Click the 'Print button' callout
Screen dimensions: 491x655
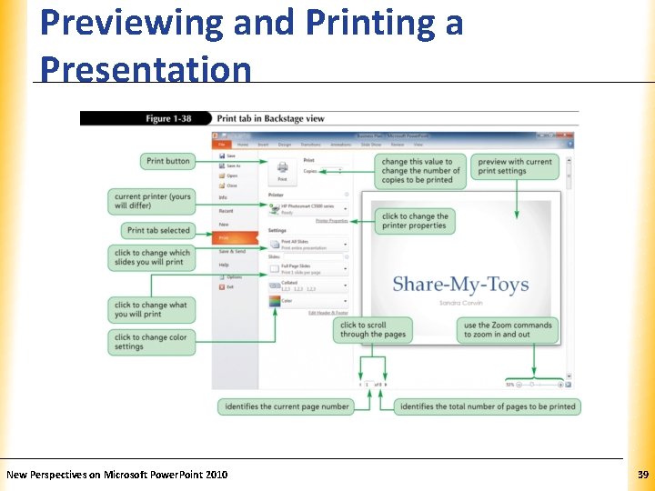168,161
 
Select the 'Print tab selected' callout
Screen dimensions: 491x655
158,231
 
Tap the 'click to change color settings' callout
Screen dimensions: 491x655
153,341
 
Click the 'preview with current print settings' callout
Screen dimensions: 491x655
515,166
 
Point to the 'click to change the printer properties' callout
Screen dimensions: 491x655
415,221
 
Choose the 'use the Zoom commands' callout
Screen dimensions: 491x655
508,329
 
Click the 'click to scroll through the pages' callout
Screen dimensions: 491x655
374,329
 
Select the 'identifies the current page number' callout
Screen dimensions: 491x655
286,406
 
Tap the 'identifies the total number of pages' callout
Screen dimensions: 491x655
488,406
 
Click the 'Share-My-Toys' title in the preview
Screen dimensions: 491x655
459,285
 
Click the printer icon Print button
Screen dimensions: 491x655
282,171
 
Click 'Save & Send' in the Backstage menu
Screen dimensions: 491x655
232,252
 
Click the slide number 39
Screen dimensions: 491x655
642,475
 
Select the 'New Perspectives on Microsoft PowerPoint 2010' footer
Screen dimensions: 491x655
117,475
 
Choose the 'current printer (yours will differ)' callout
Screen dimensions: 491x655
153,201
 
